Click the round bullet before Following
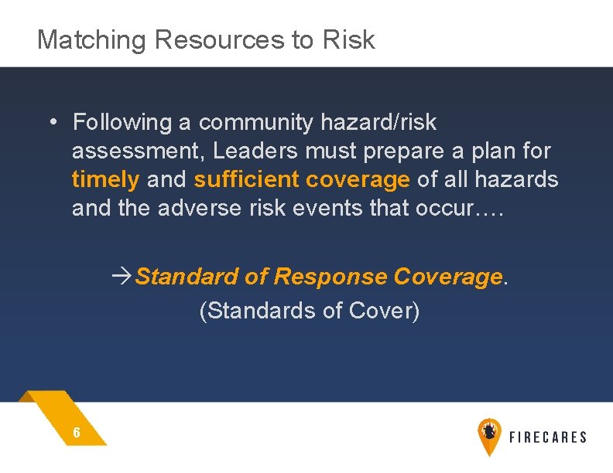[50, 122]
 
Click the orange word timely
[105, 180]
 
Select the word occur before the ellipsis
[446, 209]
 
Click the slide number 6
[76, 433]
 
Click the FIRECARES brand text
[548, 437]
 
